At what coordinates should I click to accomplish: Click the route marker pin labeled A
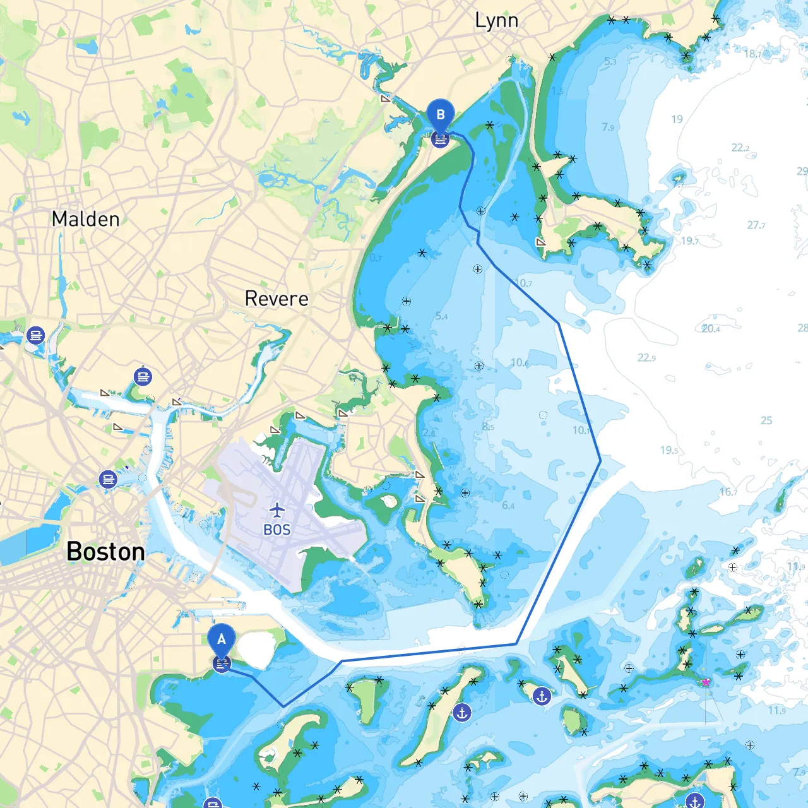222,639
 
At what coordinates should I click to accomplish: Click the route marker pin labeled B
440,115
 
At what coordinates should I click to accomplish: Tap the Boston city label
105,552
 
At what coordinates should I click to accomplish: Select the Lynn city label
497,21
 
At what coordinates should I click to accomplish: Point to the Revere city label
276,299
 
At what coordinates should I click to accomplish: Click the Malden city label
85,219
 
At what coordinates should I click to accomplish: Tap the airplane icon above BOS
277,510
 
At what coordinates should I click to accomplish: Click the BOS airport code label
277,530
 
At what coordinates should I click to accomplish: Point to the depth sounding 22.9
646,358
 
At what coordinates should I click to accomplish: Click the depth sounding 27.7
756,225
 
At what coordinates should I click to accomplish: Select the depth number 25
766,420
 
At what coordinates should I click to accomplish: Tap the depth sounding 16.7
728,492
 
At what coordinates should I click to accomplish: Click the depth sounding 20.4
711,329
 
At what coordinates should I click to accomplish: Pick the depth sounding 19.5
669,450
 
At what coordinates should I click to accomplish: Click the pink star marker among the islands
706,682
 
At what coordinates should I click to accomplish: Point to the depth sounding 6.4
508,505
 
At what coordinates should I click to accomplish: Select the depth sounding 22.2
740,148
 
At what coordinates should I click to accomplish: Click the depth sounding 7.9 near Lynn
608,128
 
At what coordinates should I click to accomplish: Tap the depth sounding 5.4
441,316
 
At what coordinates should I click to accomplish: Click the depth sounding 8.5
488,427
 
